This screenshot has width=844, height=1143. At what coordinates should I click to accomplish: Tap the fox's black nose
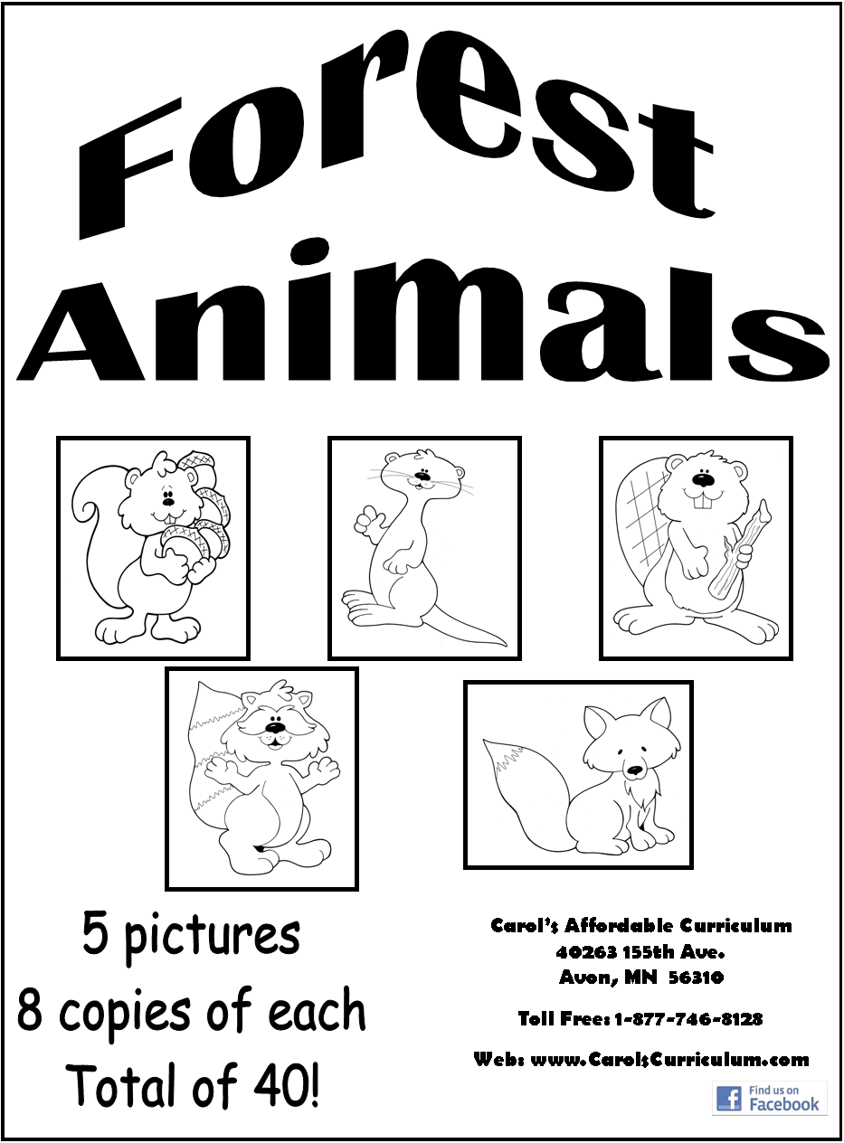(635, 770)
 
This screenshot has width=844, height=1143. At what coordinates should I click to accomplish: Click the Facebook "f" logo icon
(728, 1098)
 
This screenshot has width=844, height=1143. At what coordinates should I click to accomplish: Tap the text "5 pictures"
(191, 935)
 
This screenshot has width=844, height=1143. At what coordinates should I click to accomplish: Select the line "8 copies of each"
(191, 1013)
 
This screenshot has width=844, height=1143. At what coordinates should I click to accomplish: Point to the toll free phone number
(688, 1019)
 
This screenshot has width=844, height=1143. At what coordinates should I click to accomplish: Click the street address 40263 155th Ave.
(640, 952)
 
